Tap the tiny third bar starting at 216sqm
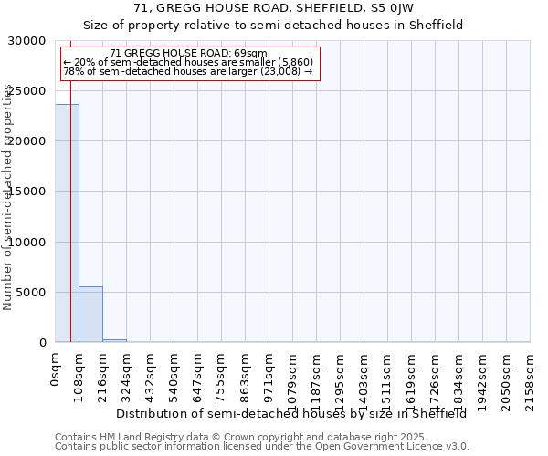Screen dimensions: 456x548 pyautogui.click(x=114, y=340)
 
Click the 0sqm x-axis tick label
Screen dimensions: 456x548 pyautogui.click(x=55, y=372)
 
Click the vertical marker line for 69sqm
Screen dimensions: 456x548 pyautogui.click(x=70, y=228)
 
